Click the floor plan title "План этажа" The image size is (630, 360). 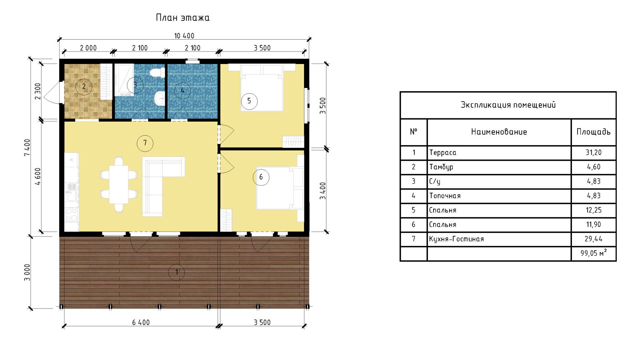point(182,18)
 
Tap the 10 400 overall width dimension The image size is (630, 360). point(184,36)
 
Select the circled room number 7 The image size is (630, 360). point(145,143)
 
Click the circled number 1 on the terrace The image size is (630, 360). point(176,272)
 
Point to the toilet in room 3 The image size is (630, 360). point(158,72)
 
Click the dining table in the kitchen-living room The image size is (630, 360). point(119,184)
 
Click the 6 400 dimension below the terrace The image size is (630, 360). point(141,322)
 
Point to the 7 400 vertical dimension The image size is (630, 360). point(27,147)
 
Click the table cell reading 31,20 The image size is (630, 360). point(594,152)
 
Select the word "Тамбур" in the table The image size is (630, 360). point(441,167)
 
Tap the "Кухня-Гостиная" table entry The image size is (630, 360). point(456,239)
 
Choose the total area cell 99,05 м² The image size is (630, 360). point(594,253)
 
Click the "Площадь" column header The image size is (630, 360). point(594,132)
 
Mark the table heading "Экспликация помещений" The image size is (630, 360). point(508,105)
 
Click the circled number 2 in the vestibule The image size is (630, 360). point(84,86)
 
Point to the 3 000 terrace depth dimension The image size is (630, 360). point(27,272)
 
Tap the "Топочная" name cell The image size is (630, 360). point(445,196)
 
